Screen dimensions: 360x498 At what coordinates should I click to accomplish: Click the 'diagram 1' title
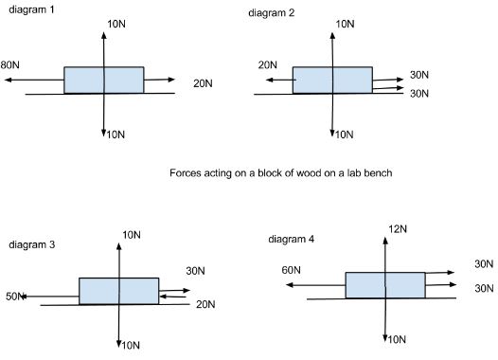click(30, 9)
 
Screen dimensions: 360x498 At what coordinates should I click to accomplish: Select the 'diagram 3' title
click(32, 245)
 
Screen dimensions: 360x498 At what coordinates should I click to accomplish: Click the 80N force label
click(10, 65)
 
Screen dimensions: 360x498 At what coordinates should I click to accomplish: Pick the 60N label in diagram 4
click(293, 271)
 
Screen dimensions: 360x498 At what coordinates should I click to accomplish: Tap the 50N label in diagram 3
click(16, 297)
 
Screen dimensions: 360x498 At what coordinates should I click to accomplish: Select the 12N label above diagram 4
click(397, 228)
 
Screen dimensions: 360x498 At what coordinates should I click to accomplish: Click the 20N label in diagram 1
click(204, 83)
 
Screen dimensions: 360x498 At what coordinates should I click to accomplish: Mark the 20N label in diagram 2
click(267, 64)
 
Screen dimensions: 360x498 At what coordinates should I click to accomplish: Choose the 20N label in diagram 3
click(205, 304)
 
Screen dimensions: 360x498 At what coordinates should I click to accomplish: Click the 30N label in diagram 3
click(196, 270)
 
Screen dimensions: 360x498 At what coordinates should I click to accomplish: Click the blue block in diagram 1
click(104, 80)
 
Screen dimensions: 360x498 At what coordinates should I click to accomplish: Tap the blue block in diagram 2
click(332, 80)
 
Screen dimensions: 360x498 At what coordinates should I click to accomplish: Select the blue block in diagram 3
click(118, 291)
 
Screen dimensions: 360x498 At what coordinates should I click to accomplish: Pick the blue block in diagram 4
click(384, 284)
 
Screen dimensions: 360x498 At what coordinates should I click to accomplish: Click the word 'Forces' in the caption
click(187, 173)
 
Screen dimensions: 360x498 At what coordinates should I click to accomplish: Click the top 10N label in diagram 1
click(116, 21)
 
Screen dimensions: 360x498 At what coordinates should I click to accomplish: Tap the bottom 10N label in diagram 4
click(397, 338)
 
